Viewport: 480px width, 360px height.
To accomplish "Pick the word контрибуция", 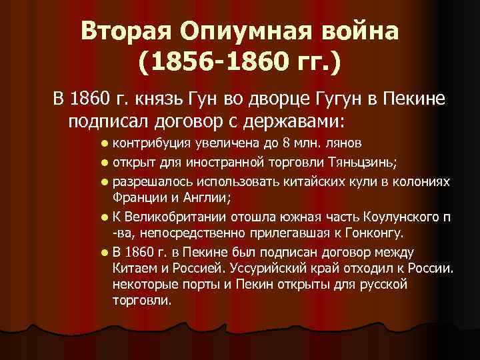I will (x=153, y=143).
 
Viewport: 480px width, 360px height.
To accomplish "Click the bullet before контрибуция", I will (x=106, y=144).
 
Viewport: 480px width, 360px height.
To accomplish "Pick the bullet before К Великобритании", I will (x=106, y=217).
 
